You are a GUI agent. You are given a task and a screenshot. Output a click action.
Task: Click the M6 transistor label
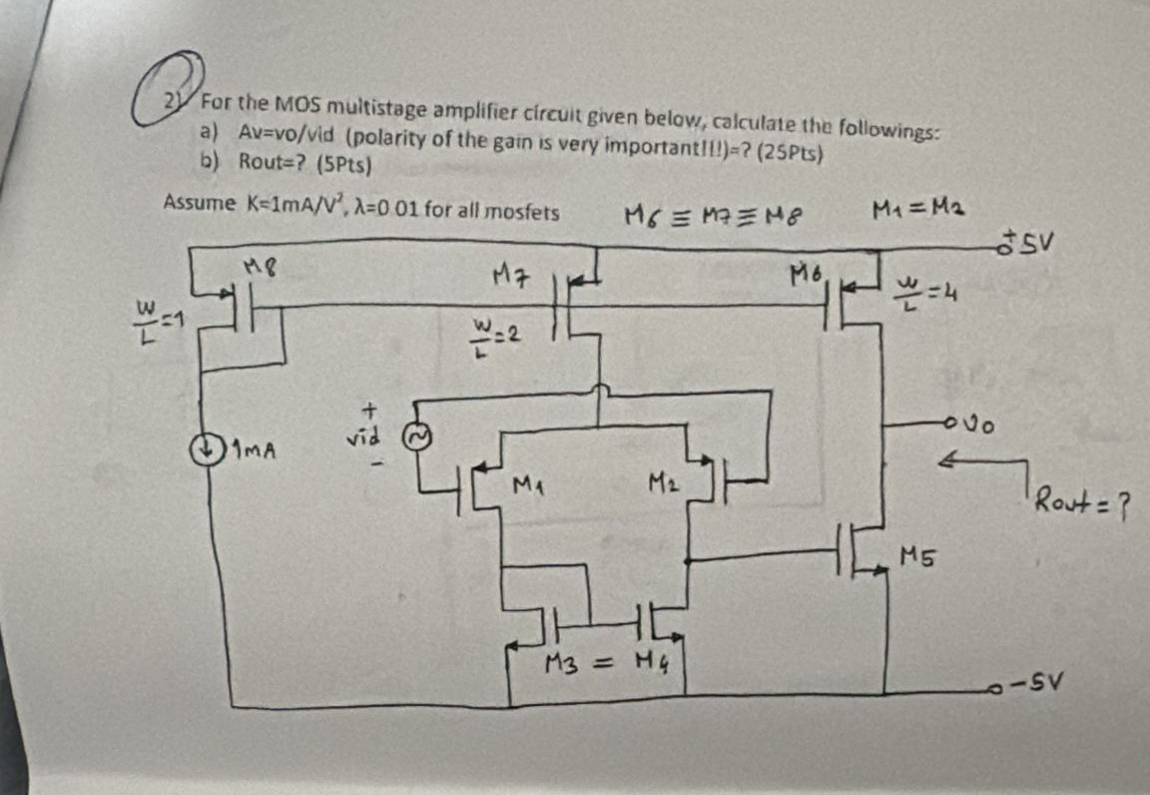tap(805, 271)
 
